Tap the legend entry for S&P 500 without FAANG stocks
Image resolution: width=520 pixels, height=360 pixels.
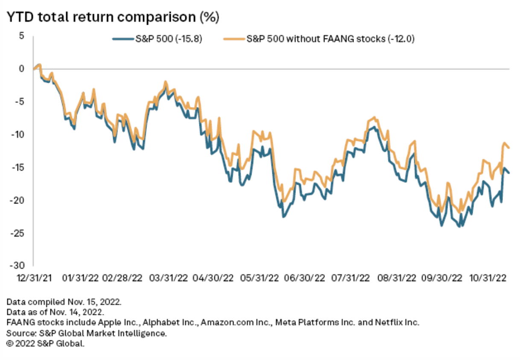click(319, 39)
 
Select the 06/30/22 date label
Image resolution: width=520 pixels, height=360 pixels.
click(303, 278)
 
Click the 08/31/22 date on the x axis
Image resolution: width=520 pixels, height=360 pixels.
click(395, 278)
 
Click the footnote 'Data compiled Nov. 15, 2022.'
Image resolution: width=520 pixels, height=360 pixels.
click(64, 302)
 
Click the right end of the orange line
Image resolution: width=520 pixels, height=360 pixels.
click(509, 148)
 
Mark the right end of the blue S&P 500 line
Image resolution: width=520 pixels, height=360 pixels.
click(509, 173)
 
